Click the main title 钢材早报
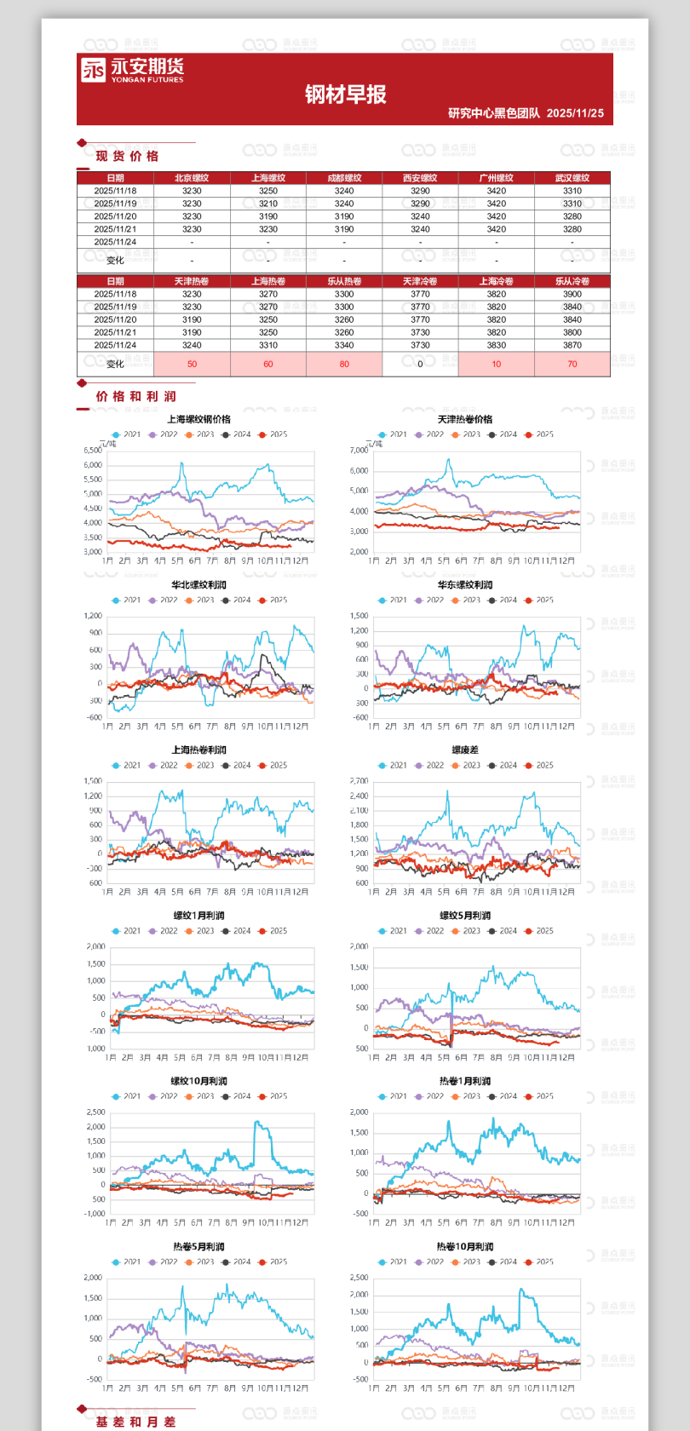point(345,95)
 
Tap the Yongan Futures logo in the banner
point(132,70)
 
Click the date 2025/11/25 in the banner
point(575,113)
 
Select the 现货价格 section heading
point(127,156)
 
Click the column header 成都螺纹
point(344,178)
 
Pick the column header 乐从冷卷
point(572,281)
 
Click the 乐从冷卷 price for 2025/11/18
point(572,294)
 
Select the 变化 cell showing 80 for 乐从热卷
point(344,364)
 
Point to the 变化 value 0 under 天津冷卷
point(420,364)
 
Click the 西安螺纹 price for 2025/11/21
point(420,229)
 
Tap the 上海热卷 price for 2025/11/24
point(268,345)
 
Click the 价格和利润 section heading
point(135,396)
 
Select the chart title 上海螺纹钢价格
point(198,419)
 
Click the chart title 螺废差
point(465,750)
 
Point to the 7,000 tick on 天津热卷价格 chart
point(359,450)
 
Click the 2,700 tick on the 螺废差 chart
point(359,781)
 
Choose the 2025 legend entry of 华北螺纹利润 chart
point(273,600)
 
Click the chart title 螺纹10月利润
point(198,1081)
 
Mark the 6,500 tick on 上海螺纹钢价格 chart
point(93,450)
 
